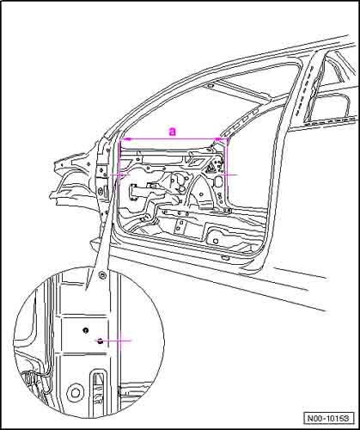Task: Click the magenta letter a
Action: (x=172, y=132)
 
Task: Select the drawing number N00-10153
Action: (x=328, y=418)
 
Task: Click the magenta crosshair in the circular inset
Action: (x=120, y=341)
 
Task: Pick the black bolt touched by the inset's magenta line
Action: (x=100, y=341)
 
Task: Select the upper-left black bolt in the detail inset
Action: (x=85, y=330)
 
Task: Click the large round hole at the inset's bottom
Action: (x=75, y=393)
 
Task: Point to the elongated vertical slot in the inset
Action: (x=99, y=390)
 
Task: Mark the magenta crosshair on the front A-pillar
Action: (x=120, y=174)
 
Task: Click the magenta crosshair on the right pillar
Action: (x=226, y=174)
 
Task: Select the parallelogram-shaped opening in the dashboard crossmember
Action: (x=196, y=162)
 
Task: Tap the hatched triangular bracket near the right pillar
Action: (x=211, y=167)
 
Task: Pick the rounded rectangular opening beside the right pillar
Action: (x=219, y=181)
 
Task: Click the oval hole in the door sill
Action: (x=226, y=258)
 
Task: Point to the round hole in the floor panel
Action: (x=216, y=240)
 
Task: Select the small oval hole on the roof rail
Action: (x=210, y=86)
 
